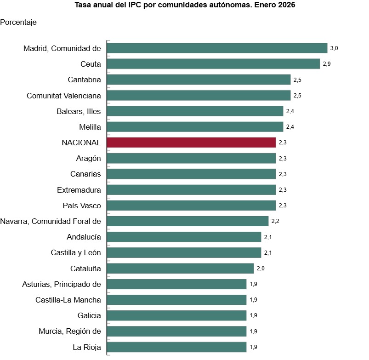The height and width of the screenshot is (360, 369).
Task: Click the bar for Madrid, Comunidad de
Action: click(217, 48)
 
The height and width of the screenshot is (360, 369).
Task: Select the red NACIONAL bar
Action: click(191, 143)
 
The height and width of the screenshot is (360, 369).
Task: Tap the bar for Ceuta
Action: click(213, 64)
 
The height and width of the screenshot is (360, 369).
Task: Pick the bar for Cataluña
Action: click(180, 269)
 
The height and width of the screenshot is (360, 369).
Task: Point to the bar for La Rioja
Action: click(176, 347)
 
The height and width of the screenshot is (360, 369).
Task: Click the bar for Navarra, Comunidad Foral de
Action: click(187, 221)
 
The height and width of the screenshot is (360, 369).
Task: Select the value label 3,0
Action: click(334, 48)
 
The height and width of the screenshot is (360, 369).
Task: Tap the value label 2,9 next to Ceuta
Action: click(327, 64)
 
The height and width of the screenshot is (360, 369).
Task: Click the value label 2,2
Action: click(275, 221)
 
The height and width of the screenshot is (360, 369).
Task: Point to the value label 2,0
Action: click(261, 269)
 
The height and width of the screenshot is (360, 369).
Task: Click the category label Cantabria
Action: click(84, 80)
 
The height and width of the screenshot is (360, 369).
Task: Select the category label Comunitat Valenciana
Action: click(64, 95)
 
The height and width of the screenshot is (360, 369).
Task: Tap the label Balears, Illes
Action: click(79, 111)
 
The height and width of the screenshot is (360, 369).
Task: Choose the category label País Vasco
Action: click(82, 206)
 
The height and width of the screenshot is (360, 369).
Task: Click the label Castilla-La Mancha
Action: click(68, 300)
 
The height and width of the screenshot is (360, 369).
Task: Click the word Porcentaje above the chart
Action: click(18, 22)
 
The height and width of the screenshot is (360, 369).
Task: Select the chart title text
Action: click(185, 6)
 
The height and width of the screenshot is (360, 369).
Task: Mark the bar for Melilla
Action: click(195, 127)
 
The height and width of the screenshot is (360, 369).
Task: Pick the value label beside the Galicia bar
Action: click(253, 315)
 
